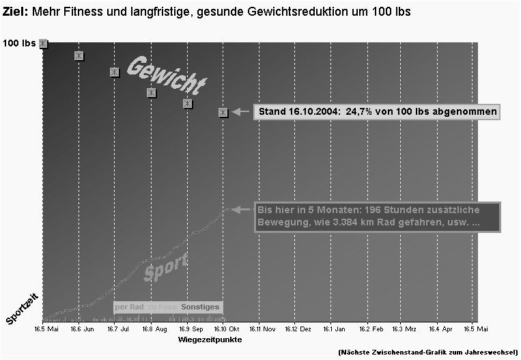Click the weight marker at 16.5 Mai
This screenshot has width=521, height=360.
click(44, 44)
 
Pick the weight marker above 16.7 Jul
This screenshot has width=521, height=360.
click(115, 72)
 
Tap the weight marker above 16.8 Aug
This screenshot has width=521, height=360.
click(151, 92)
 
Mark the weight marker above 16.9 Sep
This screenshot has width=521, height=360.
click(187, 103)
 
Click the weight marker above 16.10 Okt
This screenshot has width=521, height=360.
click(223, 112)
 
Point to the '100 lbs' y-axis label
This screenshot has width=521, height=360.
click(19, 44)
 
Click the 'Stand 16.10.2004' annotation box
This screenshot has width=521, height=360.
click(376, 111)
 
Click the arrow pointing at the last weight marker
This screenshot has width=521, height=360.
click(240, 111)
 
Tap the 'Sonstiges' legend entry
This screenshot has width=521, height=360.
click(200, 307)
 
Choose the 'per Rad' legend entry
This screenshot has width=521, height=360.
click(129, 307)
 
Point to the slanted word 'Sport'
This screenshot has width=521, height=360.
click(166, 266)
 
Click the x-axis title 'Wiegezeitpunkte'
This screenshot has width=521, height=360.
click(209, 339)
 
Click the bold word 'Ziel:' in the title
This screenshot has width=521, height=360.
click(16, 13)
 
